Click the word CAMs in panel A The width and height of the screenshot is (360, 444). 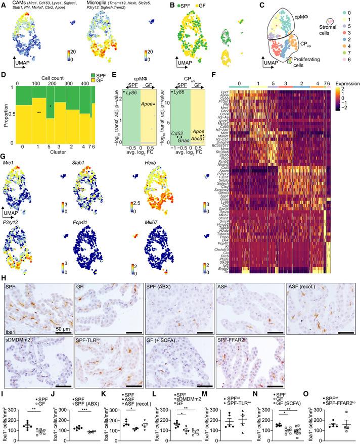click(17, 3)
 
